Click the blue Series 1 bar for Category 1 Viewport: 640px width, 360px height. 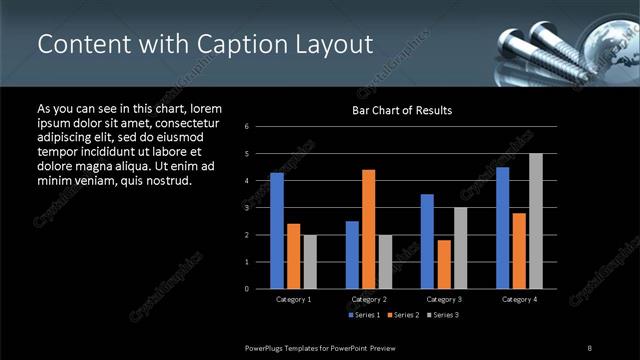[x=277, y=231]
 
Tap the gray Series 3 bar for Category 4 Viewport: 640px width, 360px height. [x=535, y=221]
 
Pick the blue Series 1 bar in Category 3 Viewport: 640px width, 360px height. [x=427, y=241]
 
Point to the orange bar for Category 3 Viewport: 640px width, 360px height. [x=443, y=264]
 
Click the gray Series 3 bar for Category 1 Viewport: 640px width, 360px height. [x=309, y=262]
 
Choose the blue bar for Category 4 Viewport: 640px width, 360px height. [x=502, y=228]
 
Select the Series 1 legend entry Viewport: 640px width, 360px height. [x=363, y=316]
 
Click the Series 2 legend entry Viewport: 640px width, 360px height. [x=402, y=316]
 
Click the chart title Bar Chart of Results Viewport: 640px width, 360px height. [x=402, y=110]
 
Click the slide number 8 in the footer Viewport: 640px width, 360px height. [x=590, y=346]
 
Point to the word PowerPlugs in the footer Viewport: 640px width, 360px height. [x=267, y=346]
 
